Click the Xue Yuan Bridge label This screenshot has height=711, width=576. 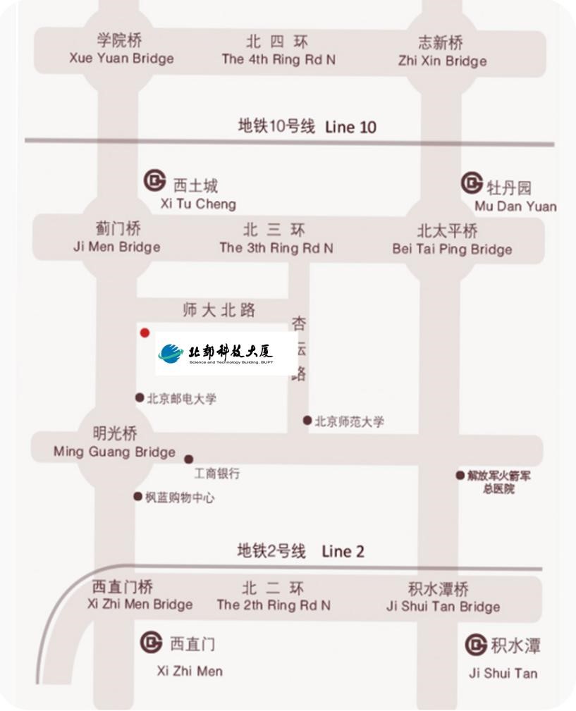click(x=121, y=49)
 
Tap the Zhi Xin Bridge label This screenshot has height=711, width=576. click(x=442, y=51)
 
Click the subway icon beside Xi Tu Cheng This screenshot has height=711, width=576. click(x=154, y=180)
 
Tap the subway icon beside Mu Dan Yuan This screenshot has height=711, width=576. click(x=472, y=183)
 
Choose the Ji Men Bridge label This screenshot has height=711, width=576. click(x=117, y=237)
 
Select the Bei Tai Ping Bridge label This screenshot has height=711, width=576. click(x=451, y=240)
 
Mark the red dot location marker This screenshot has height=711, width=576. click(x=145, y=333)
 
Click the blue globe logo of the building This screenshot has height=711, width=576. click(x=171, y=354)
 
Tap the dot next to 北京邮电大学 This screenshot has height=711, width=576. click(x=140, y=398)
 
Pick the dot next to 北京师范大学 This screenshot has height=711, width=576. click(x=307, y=421)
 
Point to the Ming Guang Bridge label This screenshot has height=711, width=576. click(x=114, y=443)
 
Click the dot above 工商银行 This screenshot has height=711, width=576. click(x=189, y=459)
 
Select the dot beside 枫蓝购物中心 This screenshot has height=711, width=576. click(x=138, y=497)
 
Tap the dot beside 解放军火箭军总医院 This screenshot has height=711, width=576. click(x=460, y=476)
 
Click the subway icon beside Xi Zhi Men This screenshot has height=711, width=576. click(x=151, y=642)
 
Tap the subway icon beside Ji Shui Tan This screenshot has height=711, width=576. click(x=476, y=644)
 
